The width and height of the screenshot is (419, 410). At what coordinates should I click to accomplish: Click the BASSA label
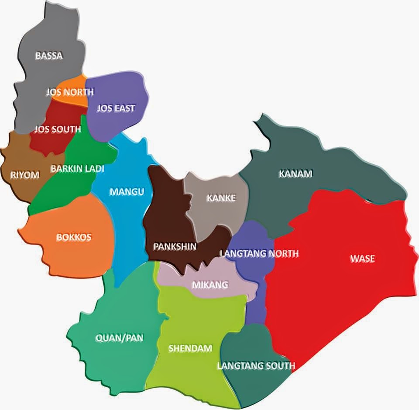(x=49, y=56)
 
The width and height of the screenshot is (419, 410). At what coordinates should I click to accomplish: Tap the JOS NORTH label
(x=69, y=92)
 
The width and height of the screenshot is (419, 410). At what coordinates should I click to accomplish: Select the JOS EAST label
(x=116, y=108)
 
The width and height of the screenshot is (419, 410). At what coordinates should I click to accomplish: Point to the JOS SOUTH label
(x=58, y=129)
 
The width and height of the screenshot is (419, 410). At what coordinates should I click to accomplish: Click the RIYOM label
(x=25, y=175)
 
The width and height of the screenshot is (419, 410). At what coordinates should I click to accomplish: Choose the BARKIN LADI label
(x=77, y=168)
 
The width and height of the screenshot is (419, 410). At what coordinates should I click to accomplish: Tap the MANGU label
(x=127, y=192)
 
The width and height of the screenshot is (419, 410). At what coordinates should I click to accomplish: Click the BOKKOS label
(x=74, y=237)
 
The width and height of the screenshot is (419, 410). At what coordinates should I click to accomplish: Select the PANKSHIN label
(x=175, y=247)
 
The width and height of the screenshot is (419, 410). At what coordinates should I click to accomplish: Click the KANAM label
(x=295, y=174)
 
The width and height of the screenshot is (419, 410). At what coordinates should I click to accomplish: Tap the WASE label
(x=362, y=259)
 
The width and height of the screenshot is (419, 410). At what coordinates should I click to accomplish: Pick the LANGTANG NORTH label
(x=259, y=254)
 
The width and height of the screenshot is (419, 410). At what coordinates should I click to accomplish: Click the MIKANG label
(x=210, y=285)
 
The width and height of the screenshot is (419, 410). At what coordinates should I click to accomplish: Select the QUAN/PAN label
(x=119, y=338)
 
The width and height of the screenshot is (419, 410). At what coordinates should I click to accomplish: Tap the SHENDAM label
(x=190, y=348)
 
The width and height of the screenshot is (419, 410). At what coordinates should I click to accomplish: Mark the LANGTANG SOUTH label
(x=256, y=366)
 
